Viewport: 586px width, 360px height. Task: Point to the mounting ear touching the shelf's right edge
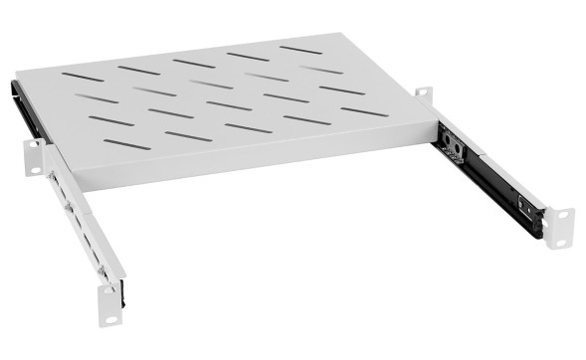click(423, 94)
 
